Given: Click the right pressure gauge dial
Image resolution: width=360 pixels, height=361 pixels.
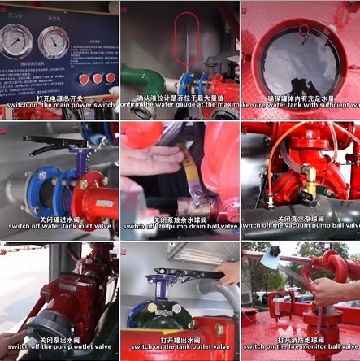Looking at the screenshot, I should (54, 41).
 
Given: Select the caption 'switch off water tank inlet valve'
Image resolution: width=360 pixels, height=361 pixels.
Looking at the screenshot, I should (59, 225).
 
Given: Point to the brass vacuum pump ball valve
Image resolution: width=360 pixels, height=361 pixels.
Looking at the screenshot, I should (310, 185).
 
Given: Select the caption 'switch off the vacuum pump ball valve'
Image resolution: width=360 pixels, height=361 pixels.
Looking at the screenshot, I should (301, 225).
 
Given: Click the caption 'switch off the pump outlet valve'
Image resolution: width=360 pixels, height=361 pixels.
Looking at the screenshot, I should (59, 346).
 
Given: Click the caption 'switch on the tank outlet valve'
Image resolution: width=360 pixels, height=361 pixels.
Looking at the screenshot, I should (180, 346).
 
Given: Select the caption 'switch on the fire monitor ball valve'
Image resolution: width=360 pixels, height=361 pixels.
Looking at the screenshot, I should (301, 346).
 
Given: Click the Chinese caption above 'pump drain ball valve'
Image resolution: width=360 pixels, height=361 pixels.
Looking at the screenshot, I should (180, 218).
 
